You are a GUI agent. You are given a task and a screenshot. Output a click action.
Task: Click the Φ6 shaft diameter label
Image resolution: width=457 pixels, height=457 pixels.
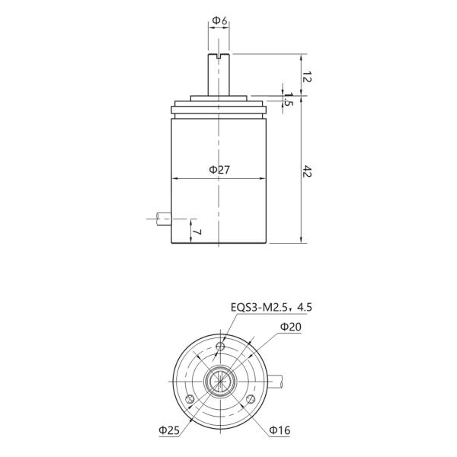tap(219, 21)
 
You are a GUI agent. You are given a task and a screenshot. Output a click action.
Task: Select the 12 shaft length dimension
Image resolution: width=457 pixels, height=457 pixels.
tap(307, 76)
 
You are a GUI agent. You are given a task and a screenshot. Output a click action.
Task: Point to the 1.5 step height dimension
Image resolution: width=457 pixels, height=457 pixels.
tap(288, 100)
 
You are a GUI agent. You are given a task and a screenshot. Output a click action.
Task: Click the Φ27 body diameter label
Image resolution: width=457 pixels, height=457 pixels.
tap(219, 170)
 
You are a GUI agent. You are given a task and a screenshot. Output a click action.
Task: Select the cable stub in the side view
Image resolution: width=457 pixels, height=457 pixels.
tap(161, 219)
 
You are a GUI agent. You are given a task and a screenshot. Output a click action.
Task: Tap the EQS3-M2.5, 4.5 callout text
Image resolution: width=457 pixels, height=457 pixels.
tap(271, 308)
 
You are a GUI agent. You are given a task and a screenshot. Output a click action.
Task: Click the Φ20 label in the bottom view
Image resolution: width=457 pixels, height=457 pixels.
tap(290, 326)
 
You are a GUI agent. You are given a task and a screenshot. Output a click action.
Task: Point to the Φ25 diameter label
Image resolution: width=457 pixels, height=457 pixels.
tap(169, 431)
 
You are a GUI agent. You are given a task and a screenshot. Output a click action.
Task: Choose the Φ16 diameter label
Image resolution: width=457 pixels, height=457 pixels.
tap(280, 431)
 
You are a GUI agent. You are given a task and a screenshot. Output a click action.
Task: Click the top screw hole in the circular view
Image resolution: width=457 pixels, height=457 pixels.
tap(220, 347)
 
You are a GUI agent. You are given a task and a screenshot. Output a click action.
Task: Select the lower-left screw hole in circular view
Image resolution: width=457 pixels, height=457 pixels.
tap(190, 399)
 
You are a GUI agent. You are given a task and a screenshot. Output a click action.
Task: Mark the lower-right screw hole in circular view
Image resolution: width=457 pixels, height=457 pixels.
tap(250, 399)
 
